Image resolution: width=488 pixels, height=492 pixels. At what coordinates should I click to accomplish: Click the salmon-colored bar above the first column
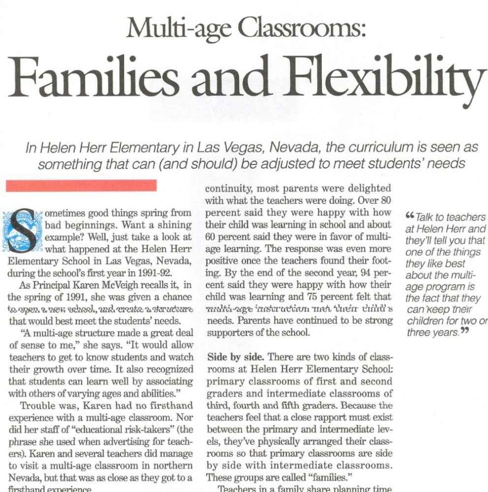coord(81,186)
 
